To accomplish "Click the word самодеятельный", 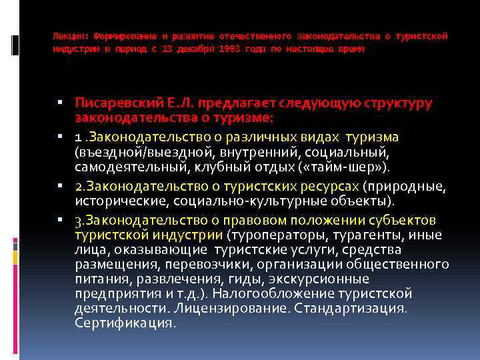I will [x=116, y=166].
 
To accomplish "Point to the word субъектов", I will [x=399, y=220].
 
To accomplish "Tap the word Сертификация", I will [x=124, y=323].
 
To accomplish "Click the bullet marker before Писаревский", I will [x=60, y=103].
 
